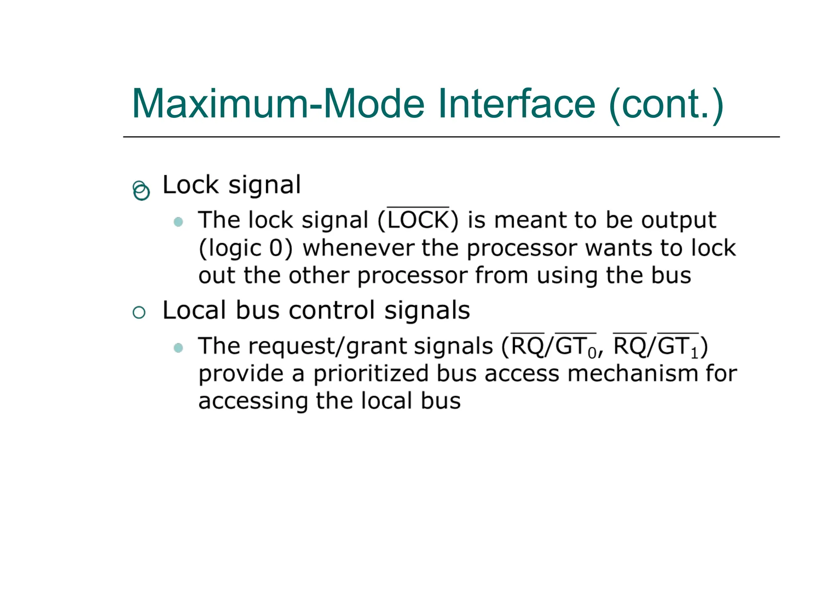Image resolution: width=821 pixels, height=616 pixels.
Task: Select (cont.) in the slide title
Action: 666,105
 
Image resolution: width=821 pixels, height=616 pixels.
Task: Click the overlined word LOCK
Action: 418,220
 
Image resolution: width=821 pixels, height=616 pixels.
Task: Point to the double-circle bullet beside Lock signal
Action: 141,190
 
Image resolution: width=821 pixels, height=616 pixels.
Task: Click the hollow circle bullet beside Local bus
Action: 139,312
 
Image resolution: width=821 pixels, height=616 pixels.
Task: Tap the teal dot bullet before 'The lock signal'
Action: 178,222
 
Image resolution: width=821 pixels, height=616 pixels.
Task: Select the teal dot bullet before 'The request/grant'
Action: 178,347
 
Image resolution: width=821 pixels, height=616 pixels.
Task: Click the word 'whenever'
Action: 358,248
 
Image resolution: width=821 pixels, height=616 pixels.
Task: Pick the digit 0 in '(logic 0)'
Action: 276,248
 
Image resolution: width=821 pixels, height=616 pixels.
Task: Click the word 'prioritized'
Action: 371,374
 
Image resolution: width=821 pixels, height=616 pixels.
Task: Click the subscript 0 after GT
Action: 592,353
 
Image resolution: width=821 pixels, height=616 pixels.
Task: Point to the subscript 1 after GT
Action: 694,353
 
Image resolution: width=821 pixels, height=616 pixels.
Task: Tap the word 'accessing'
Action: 253,401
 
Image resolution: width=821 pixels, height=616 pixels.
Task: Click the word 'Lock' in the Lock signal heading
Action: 190,185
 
